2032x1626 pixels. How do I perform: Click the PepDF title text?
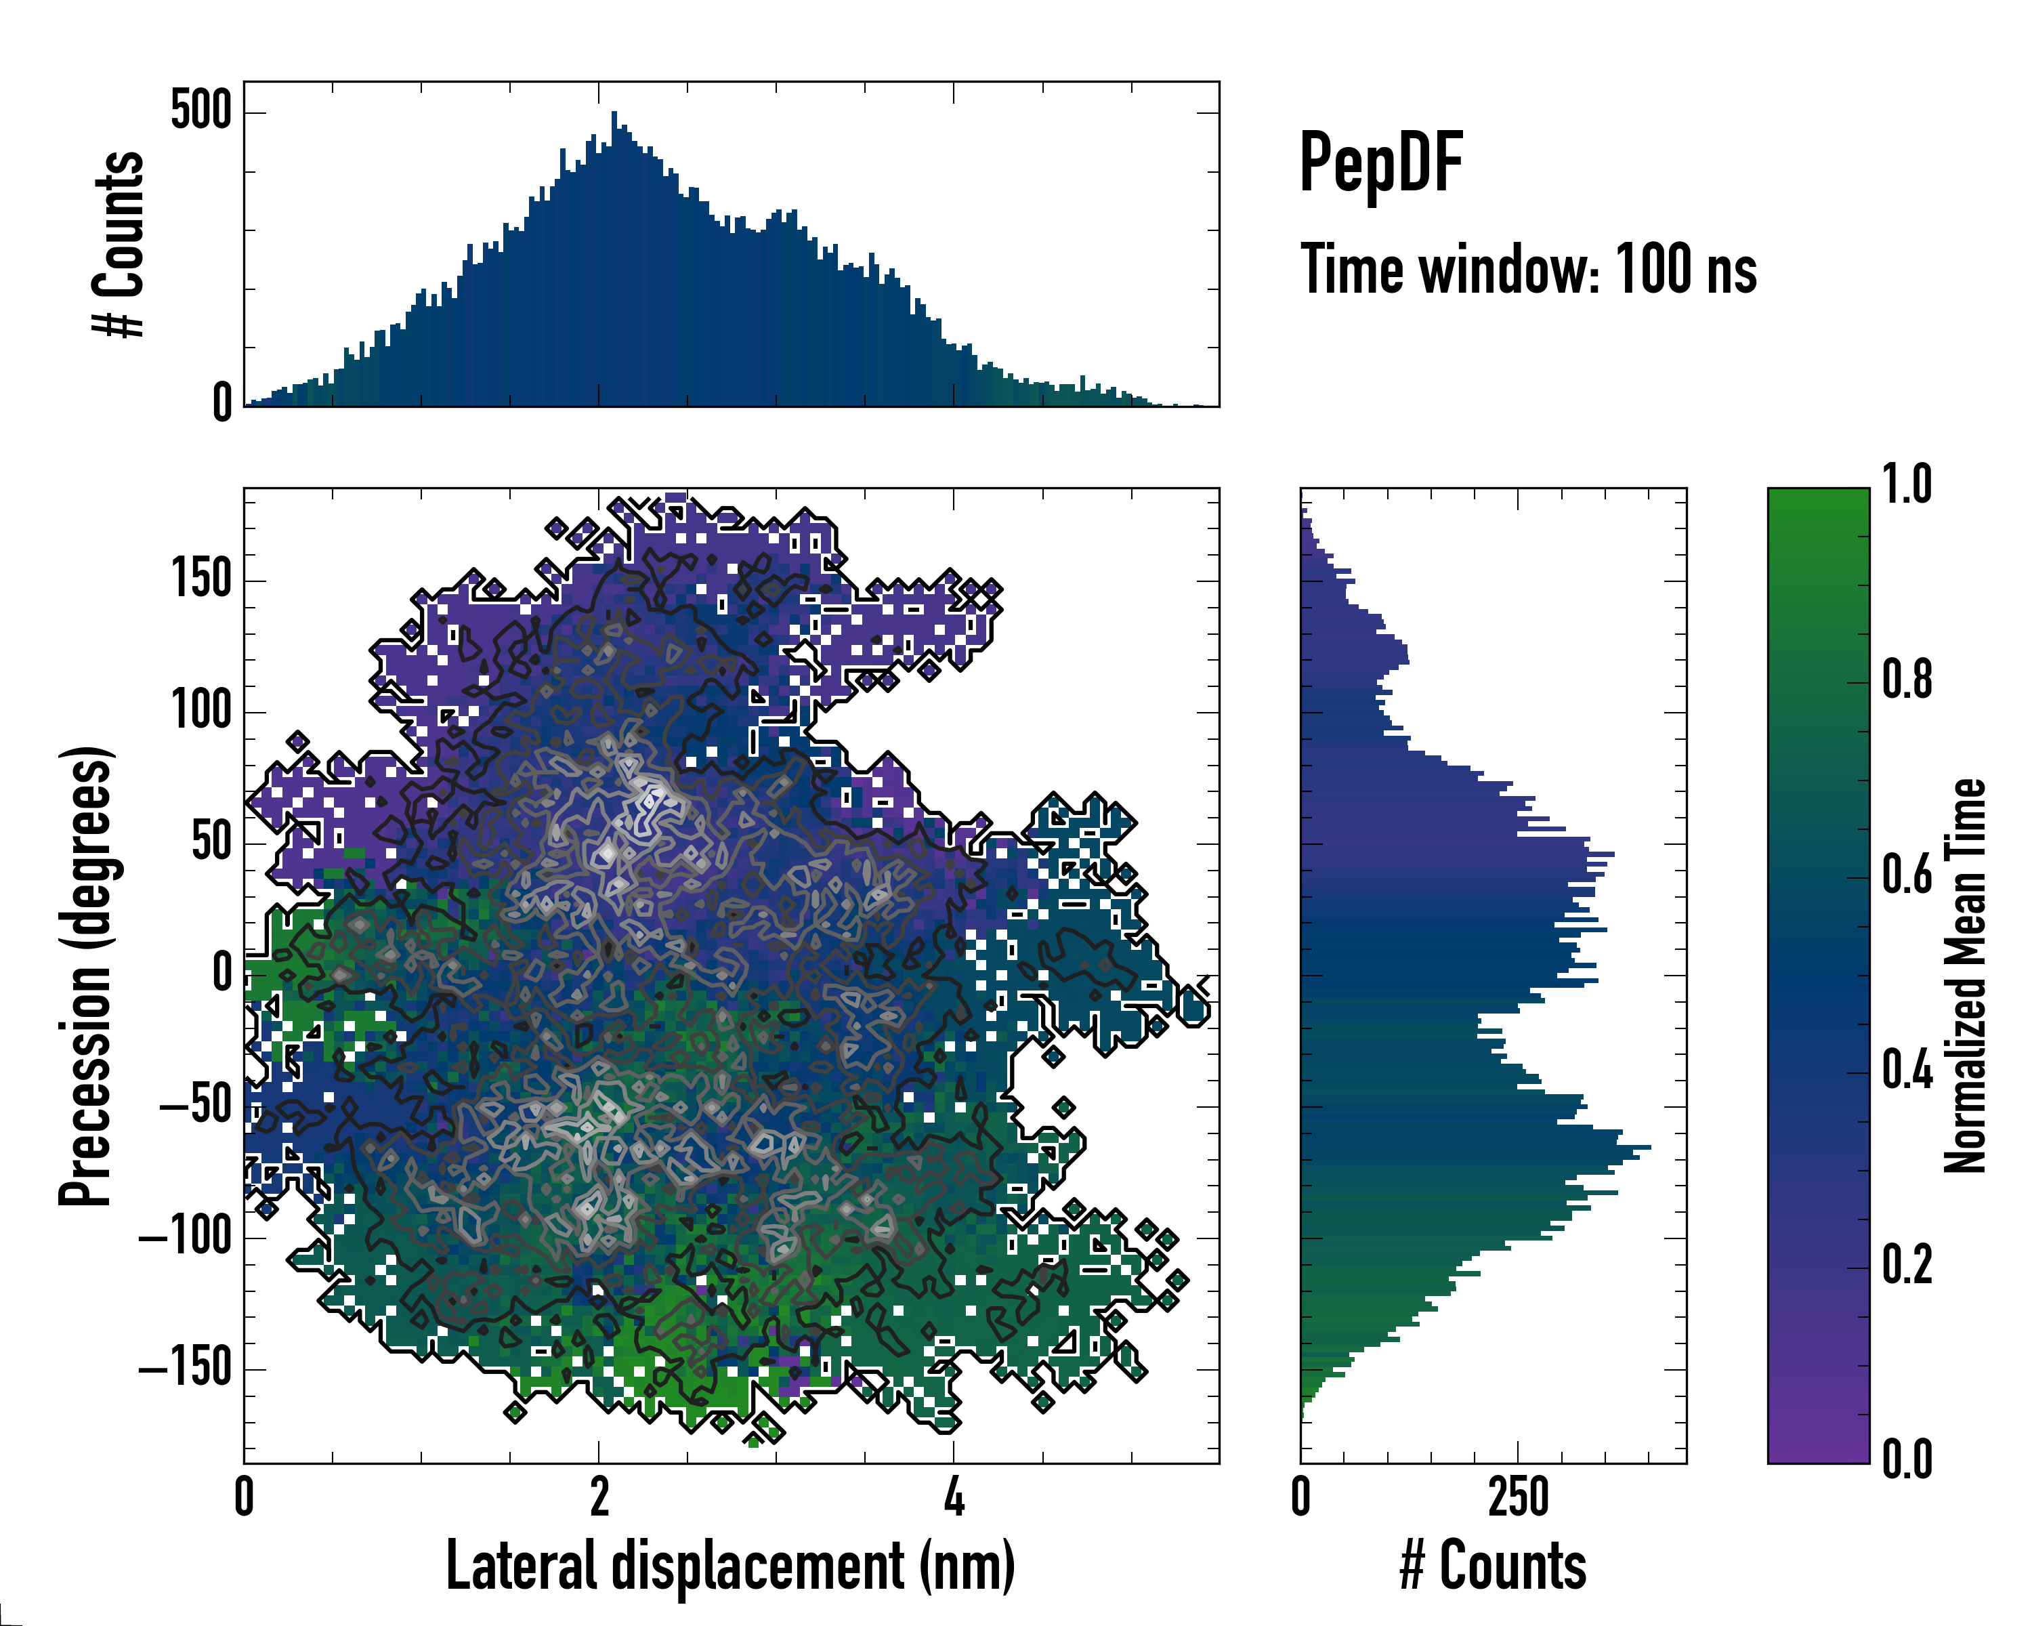point(1380,163)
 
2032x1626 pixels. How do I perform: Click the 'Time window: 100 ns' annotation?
point(1528,270)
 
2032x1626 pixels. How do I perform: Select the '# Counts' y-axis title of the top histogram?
point(120,243)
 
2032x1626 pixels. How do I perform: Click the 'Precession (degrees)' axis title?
point(87,975)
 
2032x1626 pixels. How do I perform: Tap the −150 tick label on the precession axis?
point(186,1367)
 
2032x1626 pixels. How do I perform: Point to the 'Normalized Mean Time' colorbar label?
point(1964,975)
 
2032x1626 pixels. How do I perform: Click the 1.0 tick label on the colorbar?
point(1907,486)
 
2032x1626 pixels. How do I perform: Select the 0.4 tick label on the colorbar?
point(1907,1072)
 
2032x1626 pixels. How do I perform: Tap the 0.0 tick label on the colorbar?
point(1907,1460)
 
